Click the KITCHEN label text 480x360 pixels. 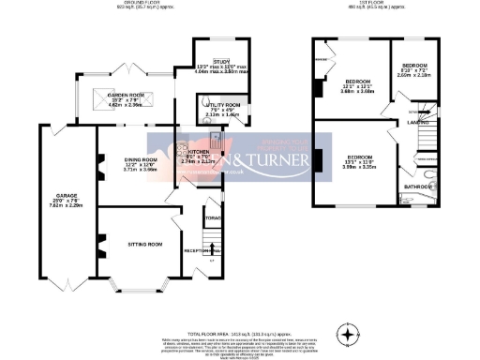coord(198,151)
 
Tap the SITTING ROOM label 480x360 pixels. coord(145,243)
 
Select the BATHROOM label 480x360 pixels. coord(416,186)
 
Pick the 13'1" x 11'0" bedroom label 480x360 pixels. coord(357,157)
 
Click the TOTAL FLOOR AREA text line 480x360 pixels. coord(239,307)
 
